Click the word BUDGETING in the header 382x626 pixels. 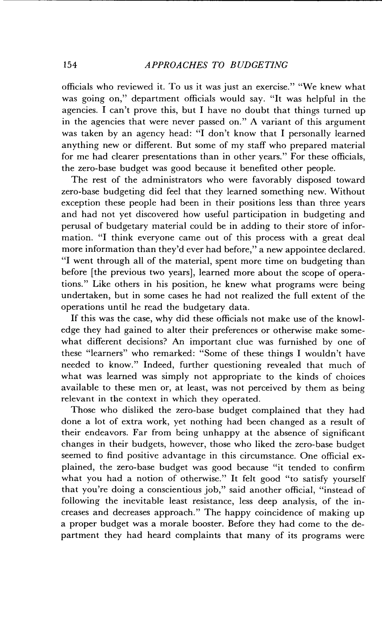[x=259, y=65]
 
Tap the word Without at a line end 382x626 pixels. [x=348, y=192]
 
